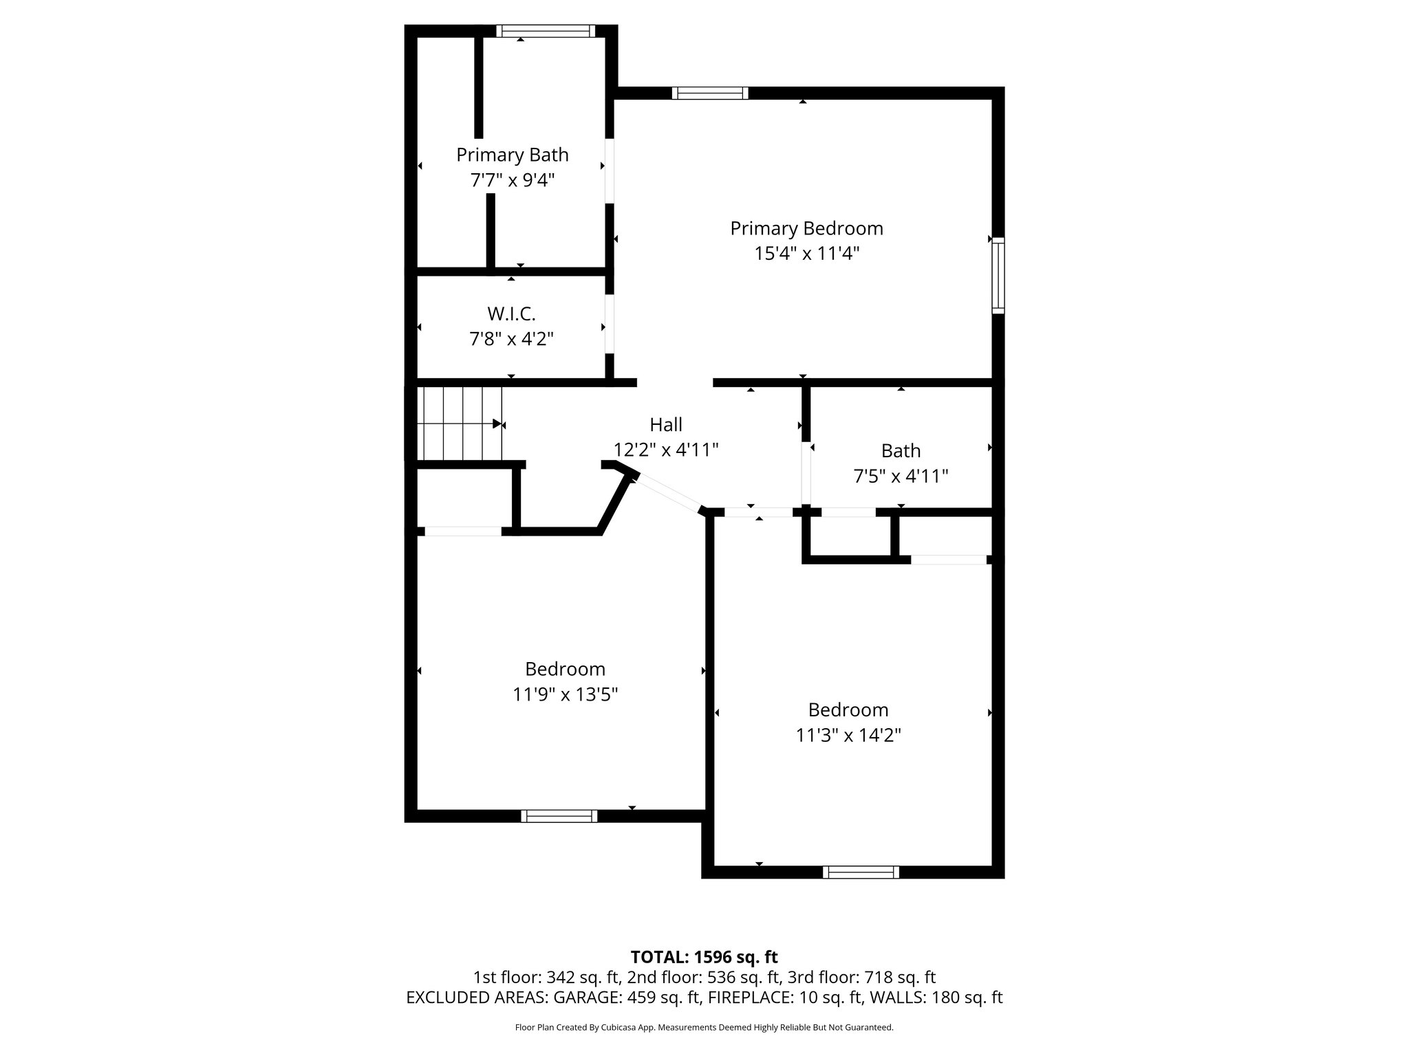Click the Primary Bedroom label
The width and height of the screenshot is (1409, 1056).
pos(806,228)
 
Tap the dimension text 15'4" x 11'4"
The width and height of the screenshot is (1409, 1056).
pos(806,254)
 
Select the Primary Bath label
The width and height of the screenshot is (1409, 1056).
pos(512,155)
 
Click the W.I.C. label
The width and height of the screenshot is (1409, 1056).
pos(511,313)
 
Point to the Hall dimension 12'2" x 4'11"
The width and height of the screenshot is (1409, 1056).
pos(666,450)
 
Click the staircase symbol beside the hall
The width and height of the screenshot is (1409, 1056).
pos(460,423)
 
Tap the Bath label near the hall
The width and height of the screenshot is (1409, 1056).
pos(901,450)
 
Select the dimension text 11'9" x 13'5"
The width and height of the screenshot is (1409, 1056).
pos(565,694)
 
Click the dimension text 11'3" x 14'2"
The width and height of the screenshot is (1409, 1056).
pos(848,735)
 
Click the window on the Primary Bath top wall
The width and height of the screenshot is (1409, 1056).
pos(545,31)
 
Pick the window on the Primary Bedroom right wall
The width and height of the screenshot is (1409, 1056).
pos(998,276)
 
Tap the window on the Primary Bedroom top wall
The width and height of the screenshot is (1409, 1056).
pos(709,93)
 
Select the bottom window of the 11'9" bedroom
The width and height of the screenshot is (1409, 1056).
pos(559,816)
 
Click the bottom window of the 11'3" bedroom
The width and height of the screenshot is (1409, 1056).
pos(861,872)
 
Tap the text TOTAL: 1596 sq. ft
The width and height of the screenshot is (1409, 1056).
pos(704,957)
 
